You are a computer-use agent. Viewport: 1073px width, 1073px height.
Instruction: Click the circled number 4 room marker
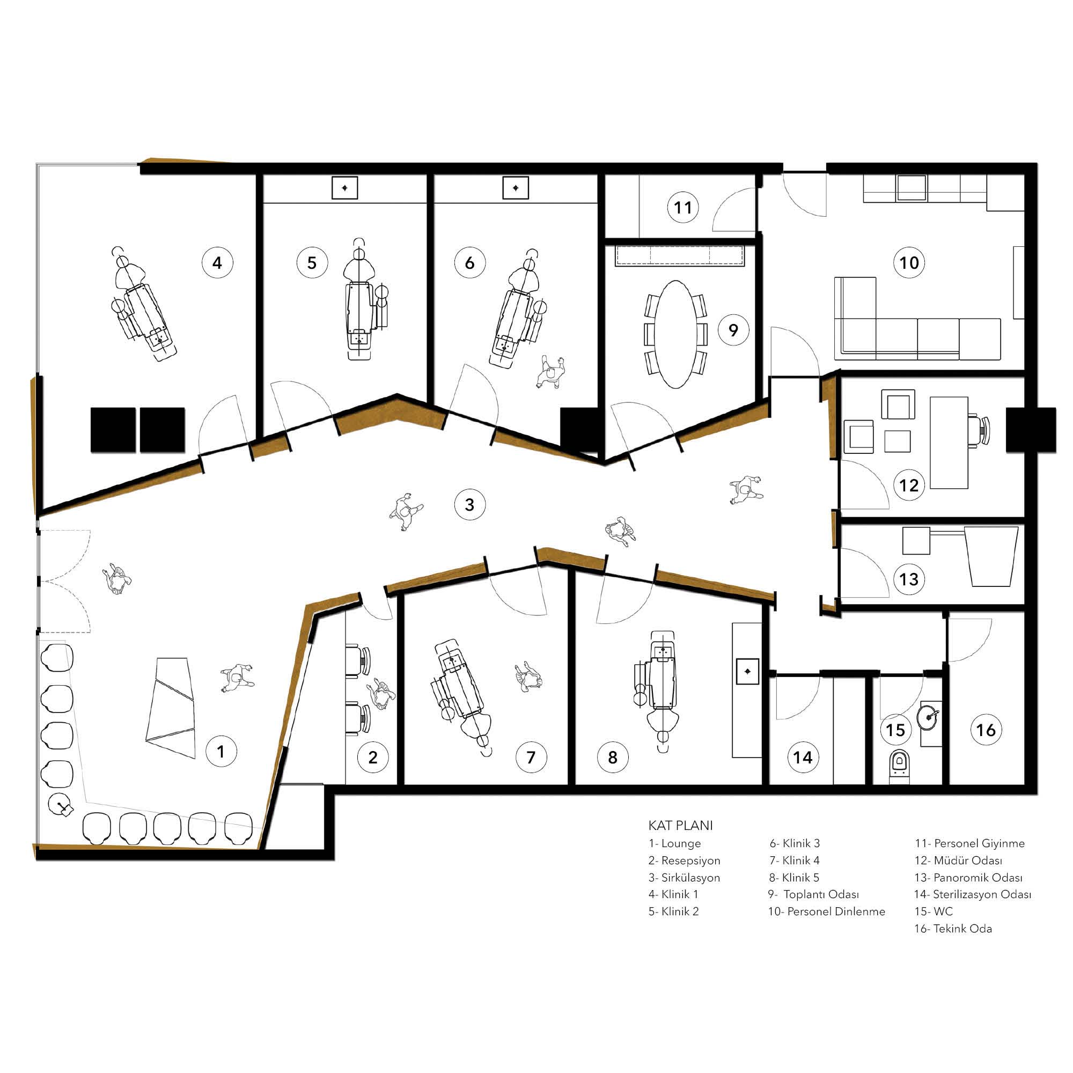pos(217,263)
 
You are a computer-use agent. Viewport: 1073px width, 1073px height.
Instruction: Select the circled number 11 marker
pos(682,208)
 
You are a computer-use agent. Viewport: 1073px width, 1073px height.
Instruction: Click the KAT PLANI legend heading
pos(680,825)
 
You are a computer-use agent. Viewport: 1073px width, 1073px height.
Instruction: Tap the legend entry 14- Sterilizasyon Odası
pos(973,895)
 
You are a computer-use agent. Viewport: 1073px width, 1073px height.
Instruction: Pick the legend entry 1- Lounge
pos(674,843)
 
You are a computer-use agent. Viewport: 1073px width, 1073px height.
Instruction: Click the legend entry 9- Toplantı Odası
pos(814,895)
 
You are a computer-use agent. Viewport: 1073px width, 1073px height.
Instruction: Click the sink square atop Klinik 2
pos(344,188)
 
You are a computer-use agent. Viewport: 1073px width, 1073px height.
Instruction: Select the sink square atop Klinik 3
pos(516,188)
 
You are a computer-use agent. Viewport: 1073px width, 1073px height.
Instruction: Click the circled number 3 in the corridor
pos(470,505)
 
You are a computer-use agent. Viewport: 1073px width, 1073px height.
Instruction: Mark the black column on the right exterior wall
pos(1031,429)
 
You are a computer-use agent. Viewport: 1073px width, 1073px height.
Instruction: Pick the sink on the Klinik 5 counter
pos(747,672)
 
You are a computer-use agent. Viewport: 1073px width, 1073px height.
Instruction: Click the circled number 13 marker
pos(909,579)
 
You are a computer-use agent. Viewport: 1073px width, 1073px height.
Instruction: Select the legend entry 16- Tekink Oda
pos(953,929)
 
